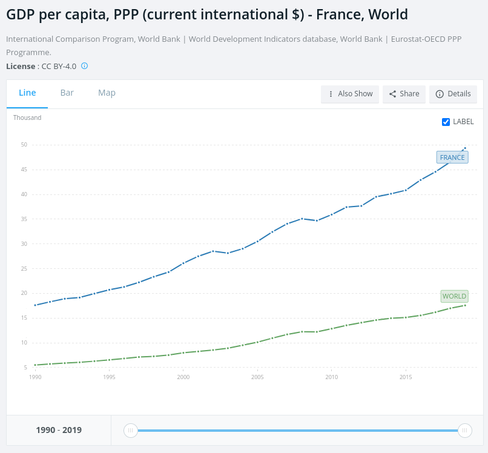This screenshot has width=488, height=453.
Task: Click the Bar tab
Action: pos(67,93)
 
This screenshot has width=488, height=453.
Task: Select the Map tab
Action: pos(107,93)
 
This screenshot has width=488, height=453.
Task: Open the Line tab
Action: pos(27,93)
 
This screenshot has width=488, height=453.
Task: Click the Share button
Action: pos(404,94)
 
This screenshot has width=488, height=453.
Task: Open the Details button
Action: pos(453,94)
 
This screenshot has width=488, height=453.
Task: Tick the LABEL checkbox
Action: pos(446,122)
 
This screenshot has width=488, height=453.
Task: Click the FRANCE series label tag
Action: pos(452,157)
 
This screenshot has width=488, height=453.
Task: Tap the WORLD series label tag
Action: pos(454,296)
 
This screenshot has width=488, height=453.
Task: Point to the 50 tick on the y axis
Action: pos(24,145)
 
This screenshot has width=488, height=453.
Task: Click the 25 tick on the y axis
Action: pos(24,269)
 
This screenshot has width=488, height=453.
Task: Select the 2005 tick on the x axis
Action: pos(257,377)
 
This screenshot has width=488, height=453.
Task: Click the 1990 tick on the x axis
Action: pos(35,377)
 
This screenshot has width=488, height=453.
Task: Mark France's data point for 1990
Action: pos(35,305)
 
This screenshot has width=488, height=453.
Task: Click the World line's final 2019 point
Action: pos(465,305)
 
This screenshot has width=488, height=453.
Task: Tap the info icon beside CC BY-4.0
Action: pos(84,66)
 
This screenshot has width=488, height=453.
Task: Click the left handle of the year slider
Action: pos(130,431)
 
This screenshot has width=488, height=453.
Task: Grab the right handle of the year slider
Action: pos(464,431)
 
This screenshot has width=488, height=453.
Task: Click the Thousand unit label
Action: pos(27,117)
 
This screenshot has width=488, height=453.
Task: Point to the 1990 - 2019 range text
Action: pos(59,430)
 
